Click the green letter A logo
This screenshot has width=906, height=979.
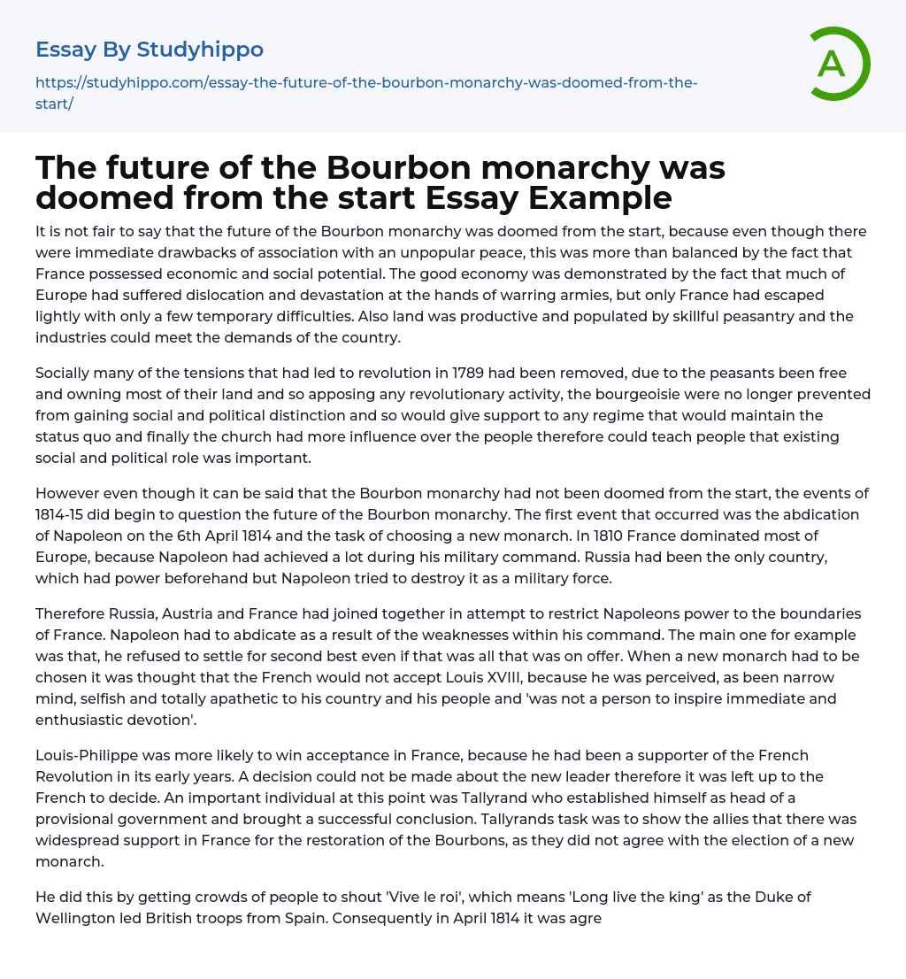833,64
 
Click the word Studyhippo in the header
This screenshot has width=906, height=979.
200,50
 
